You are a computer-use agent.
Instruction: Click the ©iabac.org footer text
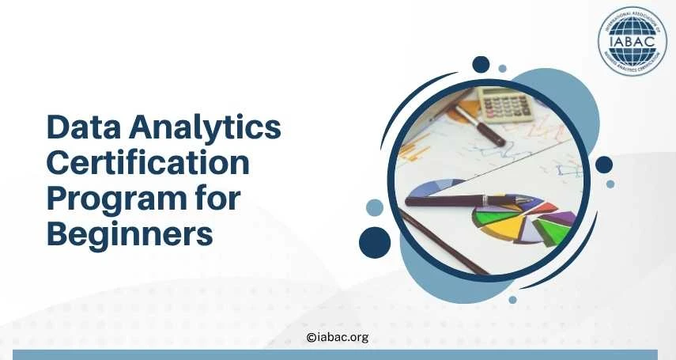tap(337, 337)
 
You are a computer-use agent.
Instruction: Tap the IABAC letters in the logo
tap(632, 40)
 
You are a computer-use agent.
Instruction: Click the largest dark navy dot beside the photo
tap(376, 241)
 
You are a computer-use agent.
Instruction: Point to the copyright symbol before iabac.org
tap(310, 338)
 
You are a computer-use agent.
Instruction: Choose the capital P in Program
tap(56, 199)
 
